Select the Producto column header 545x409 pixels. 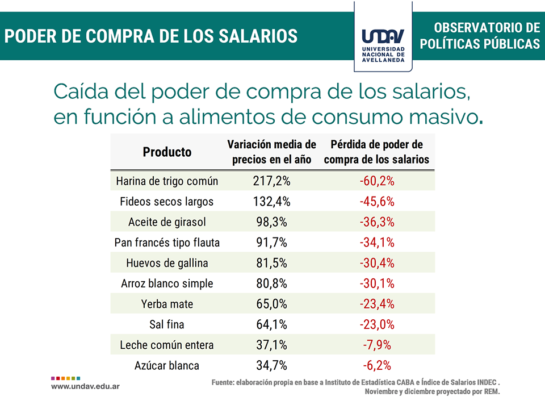click(167, 152)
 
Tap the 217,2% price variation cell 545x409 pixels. click(271, 181)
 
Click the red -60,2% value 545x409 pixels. click(377, 181)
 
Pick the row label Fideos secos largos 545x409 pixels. click(167, 202)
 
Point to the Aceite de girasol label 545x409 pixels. click(167, 222)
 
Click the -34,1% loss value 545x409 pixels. click(377, 243)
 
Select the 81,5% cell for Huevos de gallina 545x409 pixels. click(271, 263)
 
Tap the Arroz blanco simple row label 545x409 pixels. click(167, 283)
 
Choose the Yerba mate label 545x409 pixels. click(167, 304)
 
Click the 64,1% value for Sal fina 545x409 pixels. click(271, 324)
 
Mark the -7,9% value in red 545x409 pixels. click(377, 345)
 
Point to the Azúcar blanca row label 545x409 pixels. click(167, 365)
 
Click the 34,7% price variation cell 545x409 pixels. click(271, 365)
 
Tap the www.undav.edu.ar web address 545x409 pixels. click(86, 386)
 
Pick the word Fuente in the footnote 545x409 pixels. click(222, 382)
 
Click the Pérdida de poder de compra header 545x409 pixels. click(377, 152)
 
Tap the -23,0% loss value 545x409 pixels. click(377, 324)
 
